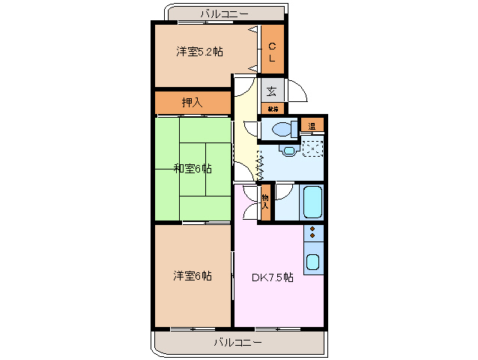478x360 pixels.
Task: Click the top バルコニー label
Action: [224, 13]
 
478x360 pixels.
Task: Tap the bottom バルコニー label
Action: [237, 343]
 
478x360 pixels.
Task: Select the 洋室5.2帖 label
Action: [199, 52]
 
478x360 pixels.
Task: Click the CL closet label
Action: [272, 51]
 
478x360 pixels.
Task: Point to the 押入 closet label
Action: [192, 101]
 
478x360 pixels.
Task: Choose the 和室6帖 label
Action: [193, 169]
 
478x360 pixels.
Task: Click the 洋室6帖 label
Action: [193, 275]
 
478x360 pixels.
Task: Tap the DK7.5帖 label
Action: [272, 277]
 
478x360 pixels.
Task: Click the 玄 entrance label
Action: [271, 91]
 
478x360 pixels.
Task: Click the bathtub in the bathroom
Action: [310, 201]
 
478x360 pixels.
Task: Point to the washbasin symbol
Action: [289, 150]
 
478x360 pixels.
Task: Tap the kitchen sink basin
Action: [312, 262]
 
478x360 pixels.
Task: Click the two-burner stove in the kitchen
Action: [312, 232]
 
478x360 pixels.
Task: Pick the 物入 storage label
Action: [265, 200]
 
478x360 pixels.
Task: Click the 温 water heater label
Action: [312, 125]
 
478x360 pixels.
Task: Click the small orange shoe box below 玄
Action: [271, 109]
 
